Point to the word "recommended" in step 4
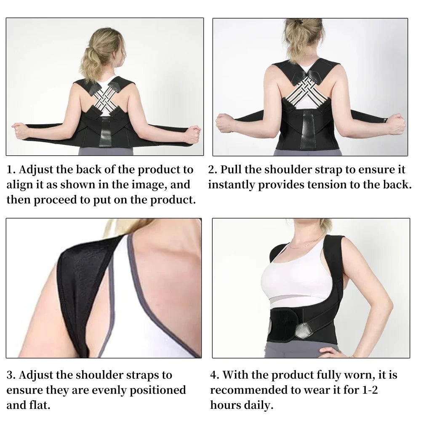coord(253,390)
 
